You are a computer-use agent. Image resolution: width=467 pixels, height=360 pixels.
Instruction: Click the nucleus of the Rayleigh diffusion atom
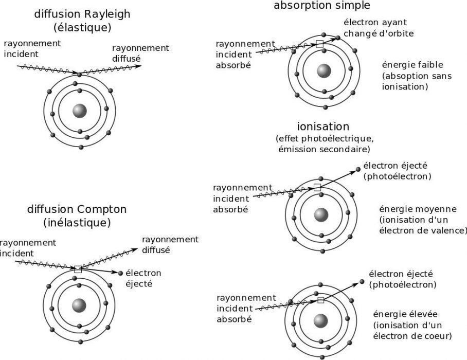80,111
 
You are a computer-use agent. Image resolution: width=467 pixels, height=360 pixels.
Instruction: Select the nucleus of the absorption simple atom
324,71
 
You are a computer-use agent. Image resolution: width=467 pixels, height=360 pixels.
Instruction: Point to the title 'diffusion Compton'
77,210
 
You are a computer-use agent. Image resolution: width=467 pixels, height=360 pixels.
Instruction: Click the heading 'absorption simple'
322,6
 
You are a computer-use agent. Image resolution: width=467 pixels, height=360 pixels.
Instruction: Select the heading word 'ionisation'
323,127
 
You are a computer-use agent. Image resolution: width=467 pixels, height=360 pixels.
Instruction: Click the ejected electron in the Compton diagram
120,273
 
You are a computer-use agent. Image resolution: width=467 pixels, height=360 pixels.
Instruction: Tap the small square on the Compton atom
78,269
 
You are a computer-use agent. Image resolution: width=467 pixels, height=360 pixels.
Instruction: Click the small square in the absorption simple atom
319,45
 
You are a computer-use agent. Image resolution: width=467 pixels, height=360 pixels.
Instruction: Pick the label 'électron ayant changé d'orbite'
379,28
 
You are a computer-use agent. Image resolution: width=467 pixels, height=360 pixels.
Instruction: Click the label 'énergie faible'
412,65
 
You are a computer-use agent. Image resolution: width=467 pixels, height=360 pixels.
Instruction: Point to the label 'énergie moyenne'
418,209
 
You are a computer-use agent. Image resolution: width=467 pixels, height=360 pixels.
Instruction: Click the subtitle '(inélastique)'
77,223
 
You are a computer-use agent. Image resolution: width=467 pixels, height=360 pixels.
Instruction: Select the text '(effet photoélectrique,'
324,139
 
